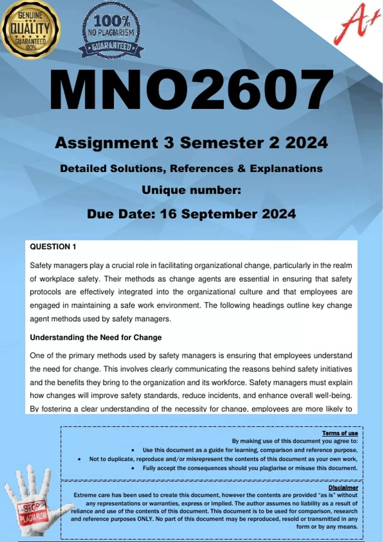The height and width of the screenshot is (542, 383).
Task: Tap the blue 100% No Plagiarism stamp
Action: pyautogui.click(x=111, y=32)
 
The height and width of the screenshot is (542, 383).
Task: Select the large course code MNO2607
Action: pyautogui.click(x=191, y=90)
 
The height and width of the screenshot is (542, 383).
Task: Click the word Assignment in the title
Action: pyautogui.click(x=106, y=143)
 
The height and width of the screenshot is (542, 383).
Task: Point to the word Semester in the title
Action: pyautogui.click(x=222, y=143)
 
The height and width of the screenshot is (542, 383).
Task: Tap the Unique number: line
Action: pyautogui.click(x=191, y=190)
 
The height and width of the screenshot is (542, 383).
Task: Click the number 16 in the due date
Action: pyautogui.click(x=168, y=214)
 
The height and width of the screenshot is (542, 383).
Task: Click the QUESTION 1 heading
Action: pyautogui.click(x=53, y=246)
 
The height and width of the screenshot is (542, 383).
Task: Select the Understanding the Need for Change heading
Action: pyautogui.click(x=96, y=337)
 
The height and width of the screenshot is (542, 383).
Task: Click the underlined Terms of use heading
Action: pyautogui.click(x=340, y=433)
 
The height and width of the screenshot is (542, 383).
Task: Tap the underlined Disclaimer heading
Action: pyautogui.click(x=343, y=487)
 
